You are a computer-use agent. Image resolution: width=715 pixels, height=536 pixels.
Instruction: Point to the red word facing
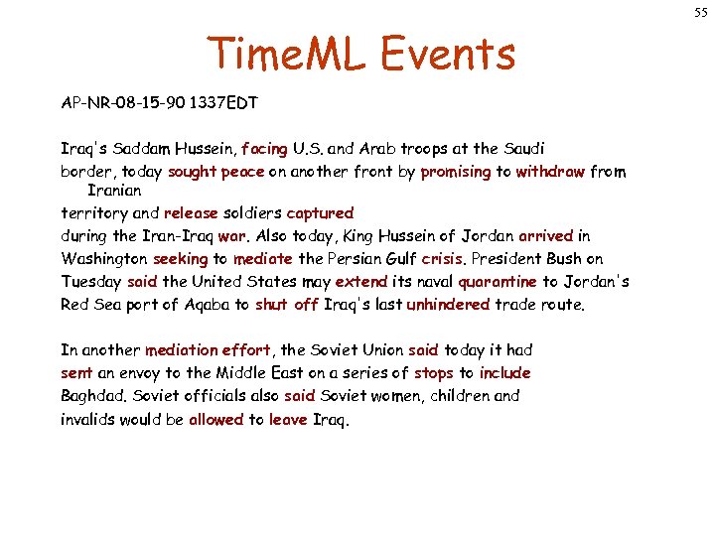point(264,149)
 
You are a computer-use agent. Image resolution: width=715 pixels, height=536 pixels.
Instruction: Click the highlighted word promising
point(456,172)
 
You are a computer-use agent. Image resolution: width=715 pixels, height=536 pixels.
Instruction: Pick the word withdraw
point(550,172)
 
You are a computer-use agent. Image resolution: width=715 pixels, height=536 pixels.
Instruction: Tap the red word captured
point(320,212)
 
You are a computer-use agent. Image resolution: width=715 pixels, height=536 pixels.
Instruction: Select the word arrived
point(545,236)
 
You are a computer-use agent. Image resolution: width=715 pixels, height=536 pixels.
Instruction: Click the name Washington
point(106,259)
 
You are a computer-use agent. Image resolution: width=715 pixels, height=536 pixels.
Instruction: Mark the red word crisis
point(443,259)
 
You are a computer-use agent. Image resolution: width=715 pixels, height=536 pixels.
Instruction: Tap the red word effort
point(245,349)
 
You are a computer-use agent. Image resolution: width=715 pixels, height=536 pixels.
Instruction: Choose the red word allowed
point(216,419)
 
